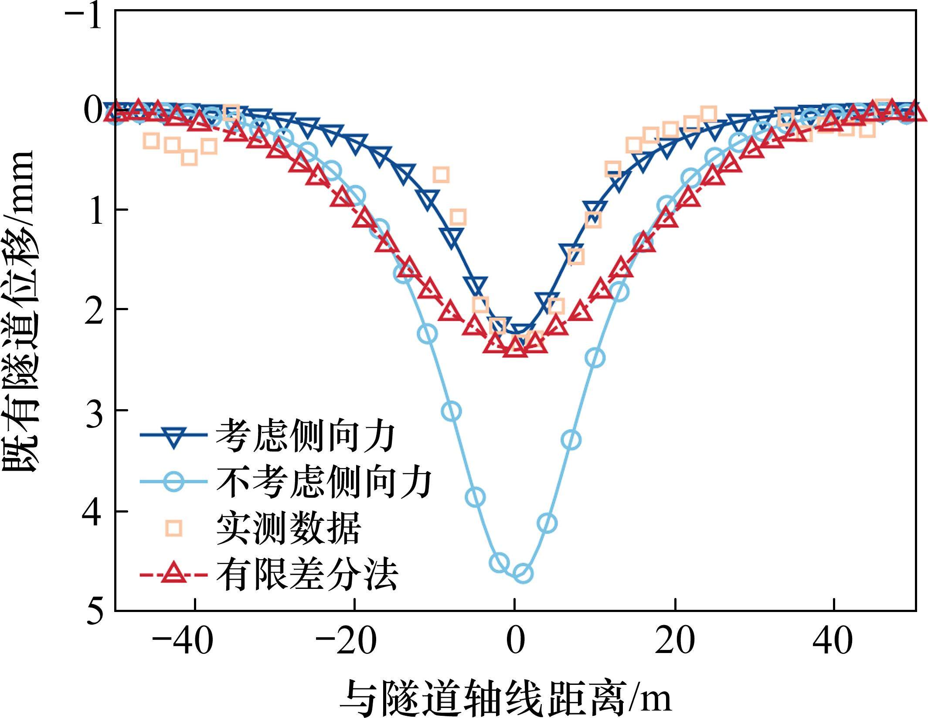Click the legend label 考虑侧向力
(305, 436)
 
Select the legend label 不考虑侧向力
(324, 482)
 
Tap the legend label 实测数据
(289, 529)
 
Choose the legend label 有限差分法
(307, 575)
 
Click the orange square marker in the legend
(173, 529)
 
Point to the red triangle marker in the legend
(173, 574)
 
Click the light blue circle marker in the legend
(173, 482)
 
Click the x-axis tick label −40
(183, 641)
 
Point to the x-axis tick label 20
(674, 641)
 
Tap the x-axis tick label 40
(833, 641)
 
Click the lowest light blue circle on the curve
(523, 574)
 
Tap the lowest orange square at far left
(189, 157)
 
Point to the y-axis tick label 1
(95, 211)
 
